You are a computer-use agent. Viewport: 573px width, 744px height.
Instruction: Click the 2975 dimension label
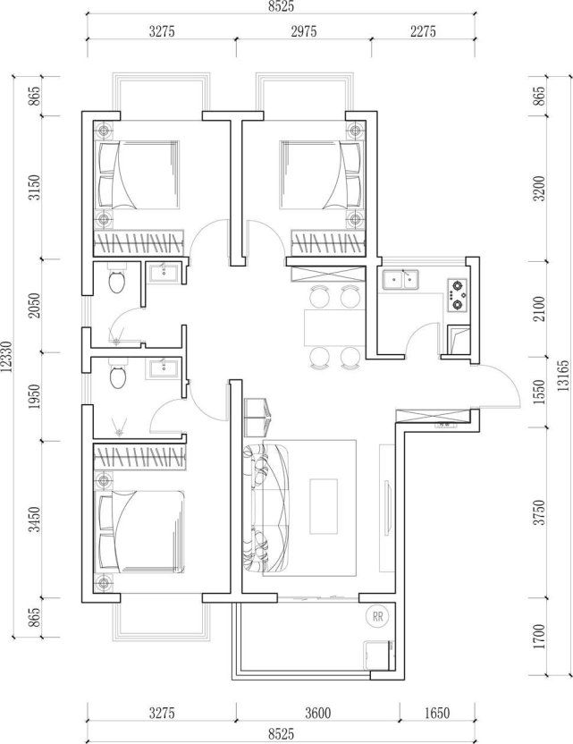pos(303,31)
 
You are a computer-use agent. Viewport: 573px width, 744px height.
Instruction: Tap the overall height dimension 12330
pos(7,362)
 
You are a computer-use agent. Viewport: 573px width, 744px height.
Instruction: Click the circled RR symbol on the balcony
pos(378,616)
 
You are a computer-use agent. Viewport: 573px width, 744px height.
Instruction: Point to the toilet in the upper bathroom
pos(115,283)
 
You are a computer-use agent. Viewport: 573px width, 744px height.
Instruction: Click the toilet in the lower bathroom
pos(115,377)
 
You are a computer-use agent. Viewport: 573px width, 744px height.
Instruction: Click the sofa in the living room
pos(268,505)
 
